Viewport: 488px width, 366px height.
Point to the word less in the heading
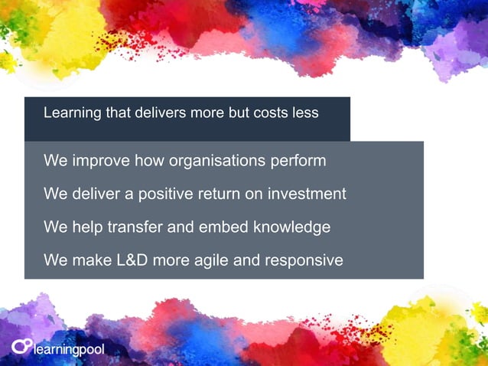tap(306, 113)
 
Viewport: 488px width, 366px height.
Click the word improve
tap(100, 162)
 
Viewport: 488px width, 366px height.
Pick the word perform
tap(298, 162)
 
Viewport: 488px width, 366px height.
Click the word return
tap(221, 194)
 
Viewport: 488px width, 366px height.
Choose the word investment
tap(307, 194)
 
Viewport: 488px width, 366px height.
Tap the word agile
tap(207, 260)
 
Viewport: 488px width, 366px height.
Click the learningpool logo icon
tap(21, 346)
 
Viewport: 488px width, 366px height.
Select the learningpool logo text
tap(69, 350)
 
